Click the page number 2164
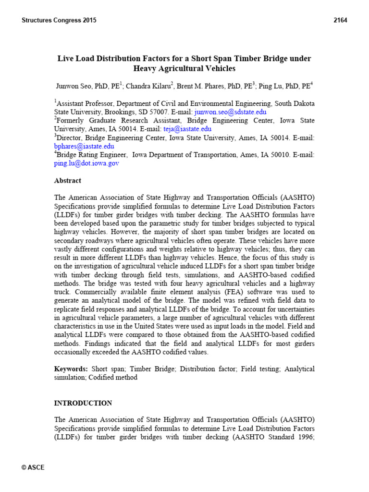click(340, 20)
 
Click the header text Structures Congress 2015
click(59, 20)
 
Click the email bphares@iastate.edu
click(84, 147)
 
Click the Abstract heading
click(68, 181)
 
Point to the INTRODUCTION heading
click(83, 403)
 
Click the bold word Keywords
click(71, 369)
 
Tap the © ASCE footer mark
click(33, 467)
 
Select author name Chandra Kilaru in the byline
click(148, 86)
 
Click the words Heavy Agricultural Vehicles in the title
click(184, 69)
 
